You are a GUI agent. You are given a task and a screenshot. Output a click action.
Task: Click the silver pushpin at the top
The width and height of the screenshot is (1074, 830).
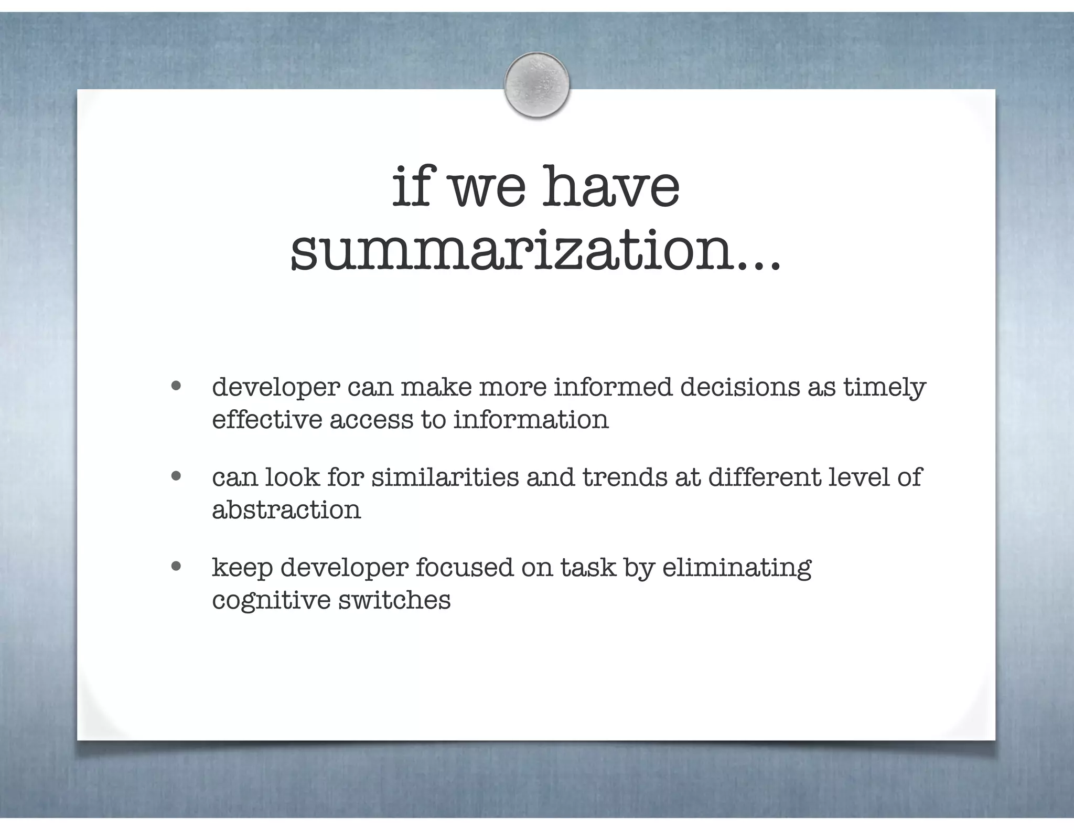tap(536, 84)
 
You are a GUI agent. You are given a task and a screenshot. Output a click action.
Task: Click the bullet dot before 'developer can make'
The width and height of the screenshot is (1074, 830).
tap(176, 386)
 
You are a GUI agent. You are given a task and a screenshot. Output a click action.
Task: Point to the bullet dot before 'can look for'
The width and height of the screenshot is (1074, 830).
tap(176, 476)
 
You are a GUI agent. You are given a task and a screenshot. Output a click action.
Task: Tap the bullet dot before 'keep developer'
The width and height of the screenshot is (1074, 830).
tap(176, 567)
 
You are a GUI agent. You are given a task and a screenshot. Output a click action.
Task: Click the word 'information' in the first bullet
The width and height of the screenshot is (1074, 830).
tap(531, 420)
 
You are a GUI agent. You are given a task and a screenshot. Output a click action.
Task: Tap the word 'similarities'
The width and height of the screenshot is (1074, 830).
tap(445, 477)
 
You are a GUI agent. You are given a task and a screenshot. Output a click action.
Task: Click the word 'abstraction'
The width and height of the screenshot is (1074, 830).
tap(286, 510)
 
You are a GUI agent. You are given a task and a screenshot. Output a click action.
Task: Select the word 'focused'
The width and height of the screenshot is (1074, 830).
tap(464, 568)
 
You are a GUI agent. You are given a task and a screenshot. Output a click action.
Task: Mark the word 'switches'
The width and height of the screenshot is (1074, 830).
tap(394, 600)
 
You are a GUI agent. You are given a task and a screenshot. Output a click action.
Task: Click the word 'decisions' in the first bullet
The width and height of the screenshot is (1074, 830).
tap(740, 387)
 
